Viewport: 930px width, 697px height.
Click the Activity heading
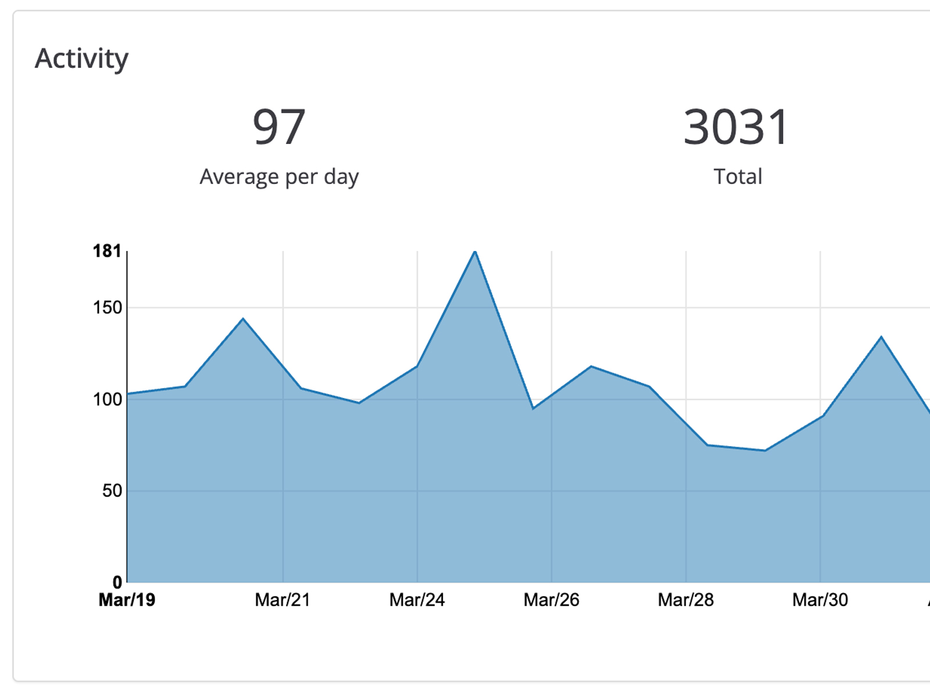pyautogui.click(x=81, y=59)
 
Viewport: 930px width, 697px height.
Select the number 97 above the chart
pyautogui.click(x=279, y=127)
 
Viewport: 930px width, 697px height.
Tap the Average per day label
pyautogui.click(x=279, y=177)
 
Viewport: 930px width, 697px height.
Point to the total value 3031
pyautogui.click(x=736, y=127)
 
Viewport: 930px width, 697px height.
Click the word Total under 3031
pyautogui.click(x=738, y=177)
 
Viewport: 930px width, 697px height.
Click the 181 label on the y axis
pyautogui.click(x=107, y=251)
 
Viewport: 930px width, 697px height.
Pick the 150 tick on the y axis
pyautogui.click(x=108, y=308)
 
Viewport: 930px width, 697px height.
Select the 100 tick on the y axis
pyautogui.click(x=108, y=400)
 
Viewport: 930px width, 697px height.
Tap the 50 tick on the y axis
pyautogui.click(x=112, y=491)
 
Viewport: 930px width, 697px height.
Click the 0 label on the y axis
pyautogui.click(x=117, y=582)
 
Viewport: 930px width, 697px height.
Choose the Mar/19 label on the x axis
pyautogui.click(x=127, y=600)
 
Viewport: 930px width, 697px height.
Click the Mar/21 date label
pyautogui.click(x=282, y=600)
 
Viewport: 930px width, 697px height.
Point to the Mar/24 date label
pyautogui.click(x=417, y=600)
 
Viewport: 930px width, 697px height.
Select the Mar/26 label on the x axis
pyautogui.click(x=552, y=600)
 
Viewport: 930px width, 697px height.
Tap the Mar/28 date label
pyautogui.click(x=686, y=600)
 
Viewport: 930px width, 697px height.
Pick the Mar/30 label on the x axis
pyautogui.click(x=820, y=600)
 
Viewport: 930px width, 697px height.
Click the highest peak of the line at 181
pyautogui.click(x=475, y=252)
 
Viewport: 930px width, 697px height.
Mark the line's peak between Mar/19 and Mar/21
pyautogui.click(x=243, y=318)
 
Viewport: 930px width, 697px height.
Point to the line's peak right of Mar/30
pyautogui.click(x=881, y=337)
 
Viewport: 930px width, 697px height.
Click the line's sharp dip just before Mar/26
pyautogui.click(x=533, y=409)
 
